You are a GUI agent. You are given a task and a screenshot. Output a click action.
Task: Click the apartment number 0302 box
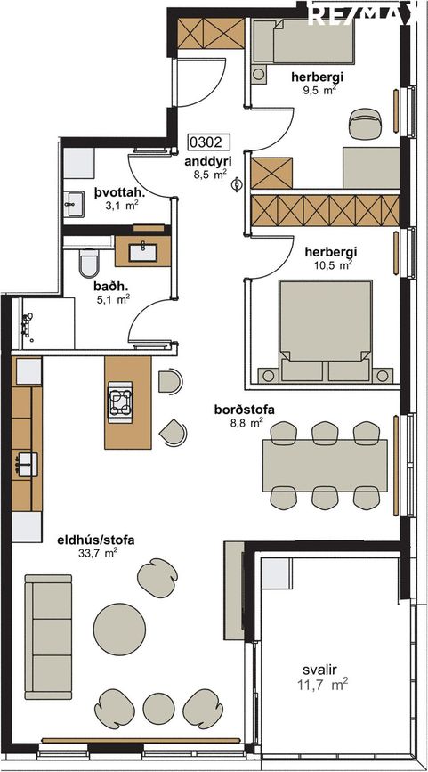tap(209, 142)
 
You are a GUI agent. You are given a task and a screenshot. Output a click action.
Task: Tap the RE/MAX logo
tap(362, 13)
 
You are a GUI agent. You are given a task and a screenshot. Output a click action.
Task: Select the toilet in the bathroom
tap(89, 264)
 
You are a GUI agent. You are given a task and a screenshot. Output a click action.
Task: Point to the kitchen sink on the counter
tap(26, 464)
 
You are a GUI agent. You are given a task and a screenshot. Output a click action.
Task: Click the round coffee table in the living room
tap(119, 630)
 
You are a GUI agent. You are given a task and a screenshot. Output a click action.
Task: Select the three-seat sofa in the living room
tap(49, 637)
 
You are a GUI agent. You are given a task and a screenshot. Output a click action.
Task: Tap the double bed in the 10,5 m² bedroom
tap(325, 331)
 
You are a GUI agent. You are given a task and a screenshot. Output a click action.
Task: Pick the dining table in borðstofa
tap(325, 466)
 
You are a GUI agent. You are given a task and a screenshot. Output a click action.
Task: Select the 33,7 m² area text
tap(98, 553)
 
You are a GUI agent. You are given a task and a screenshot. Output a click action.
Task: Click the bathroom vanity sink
tap(143, 252)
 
